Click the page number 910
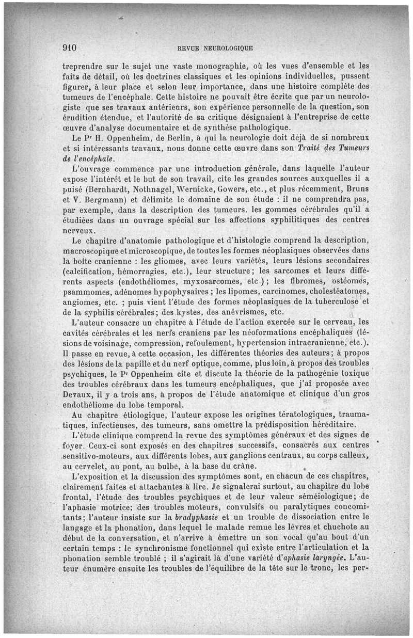click(x=69, y=48)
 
